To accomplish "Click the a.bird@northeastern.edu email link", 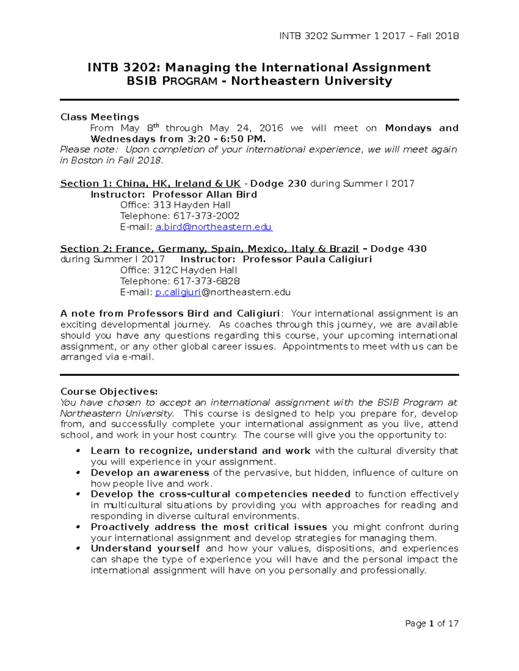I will pyautogui.click(x=213, y=227).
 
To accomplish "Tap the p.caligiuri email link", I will pyautogui.click(x=178, y=293).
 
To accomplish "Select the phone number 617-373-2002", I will pyautogui.click(x=206, y=216).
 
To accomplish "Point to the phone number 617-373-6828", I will pyautogui.click(x=206, y=281).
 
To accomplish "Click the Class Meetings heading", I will pyautogui.click(x=99, y=117).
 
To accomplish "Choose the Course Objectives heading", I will pyautogui.click(x=109, y=391).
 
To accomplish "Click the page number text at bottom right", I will pyautogui.click(x=431, y=623).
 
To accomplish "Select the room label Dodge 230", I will pyautogui.click(x=279, y=184).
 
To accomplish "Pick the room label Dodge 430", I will pyautogui.click(x=398, y=249).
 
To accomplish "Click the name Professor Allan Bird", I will pyautogui.click(x=205, y=194).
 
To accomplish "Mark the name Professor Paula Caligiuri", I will pyautogui.click(x=307, y=259).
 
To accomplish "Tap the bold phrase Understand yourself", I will pyautogui.click(x=145, y=549).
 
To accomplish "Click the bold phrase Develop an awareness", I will pyautogui.click(x=150, y=473).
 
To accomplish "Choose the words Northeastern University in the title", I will pyautogui.click(x=311, y=81).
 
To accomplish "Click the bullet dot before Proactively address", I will pyautogui.click(x=78, y=527).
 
